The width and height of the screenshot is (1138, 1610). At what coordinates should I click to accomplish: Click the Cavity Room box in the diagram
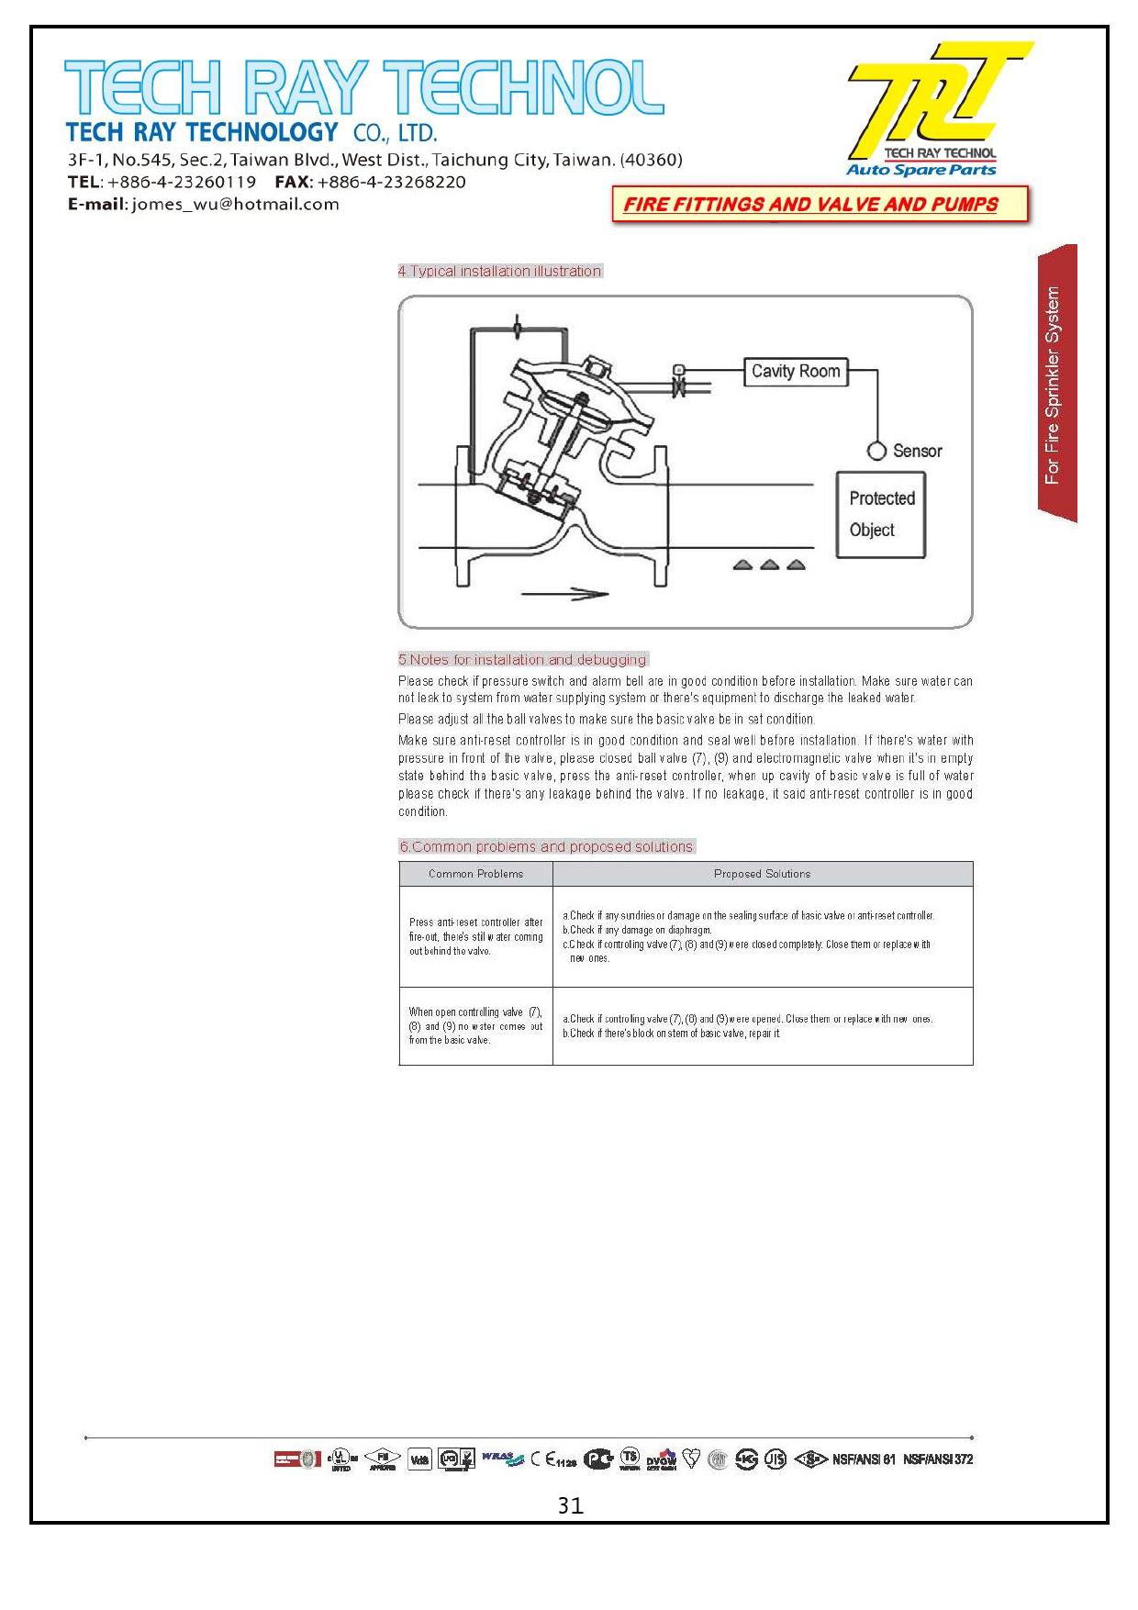pyautogui.click(x=795, y=372)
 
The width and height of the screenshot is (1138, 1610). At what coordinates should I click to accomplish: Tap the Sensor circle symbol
pyautogui.click(x=877, y=451)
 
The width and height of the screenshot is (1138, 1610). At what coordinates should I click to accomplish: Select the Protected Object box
pyautogui.click(x=880, y=514)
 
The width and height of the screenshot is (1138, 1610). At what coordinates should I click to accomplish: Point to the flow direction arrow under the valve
pyautogui.click(x=564, y=595)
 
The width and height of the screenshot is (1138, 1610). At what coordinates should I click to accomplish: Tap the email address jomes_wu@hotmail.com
pyautogui.click(x=236, y=205)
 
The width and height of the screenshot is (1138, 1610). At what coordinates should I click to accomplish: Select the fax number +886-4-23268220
pyautogui.click(x=391, y=182)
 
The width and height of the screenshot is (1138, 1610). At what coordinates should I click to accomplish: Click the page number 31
pyautogui.click(x=570, y=1505)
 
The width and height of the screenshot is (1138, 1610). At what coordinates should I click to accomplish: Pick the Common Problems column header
pyautogui.click(x=475, y=874)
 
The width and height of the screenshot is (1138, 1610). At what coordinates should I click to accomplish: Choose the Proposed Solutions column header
pyautogui.click(x=762, y=874)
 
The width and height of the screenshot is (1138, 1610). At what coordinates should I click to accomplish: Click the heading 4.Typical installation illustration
pyautogui.click(x=499, y=271)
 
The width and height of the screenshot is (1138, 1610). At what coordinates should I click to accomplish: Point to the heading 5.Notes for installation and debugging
pyautogui.click(x=522, y=659)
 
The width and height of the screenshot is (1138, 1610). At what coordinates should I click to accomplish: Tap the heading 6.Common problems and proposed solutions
pyautogui.click(x=546, y=846)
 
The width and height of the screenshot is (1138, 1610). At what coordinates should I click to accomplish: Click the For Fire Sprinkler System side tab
pyautogui.click(x=1054, y=385)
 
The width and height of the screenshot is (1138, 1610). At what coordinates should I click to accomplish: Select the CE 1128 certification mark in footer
pyautogui.click(x=553, y=1460)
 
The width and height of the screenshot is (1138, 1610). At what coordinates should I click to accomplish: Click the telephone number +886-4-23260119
pyautogui.click(x=182, y=182)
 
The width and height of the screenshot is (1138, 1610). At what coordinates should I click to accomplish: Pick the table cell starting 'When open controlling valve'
pyautogui.click(x=475, y=1026)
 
